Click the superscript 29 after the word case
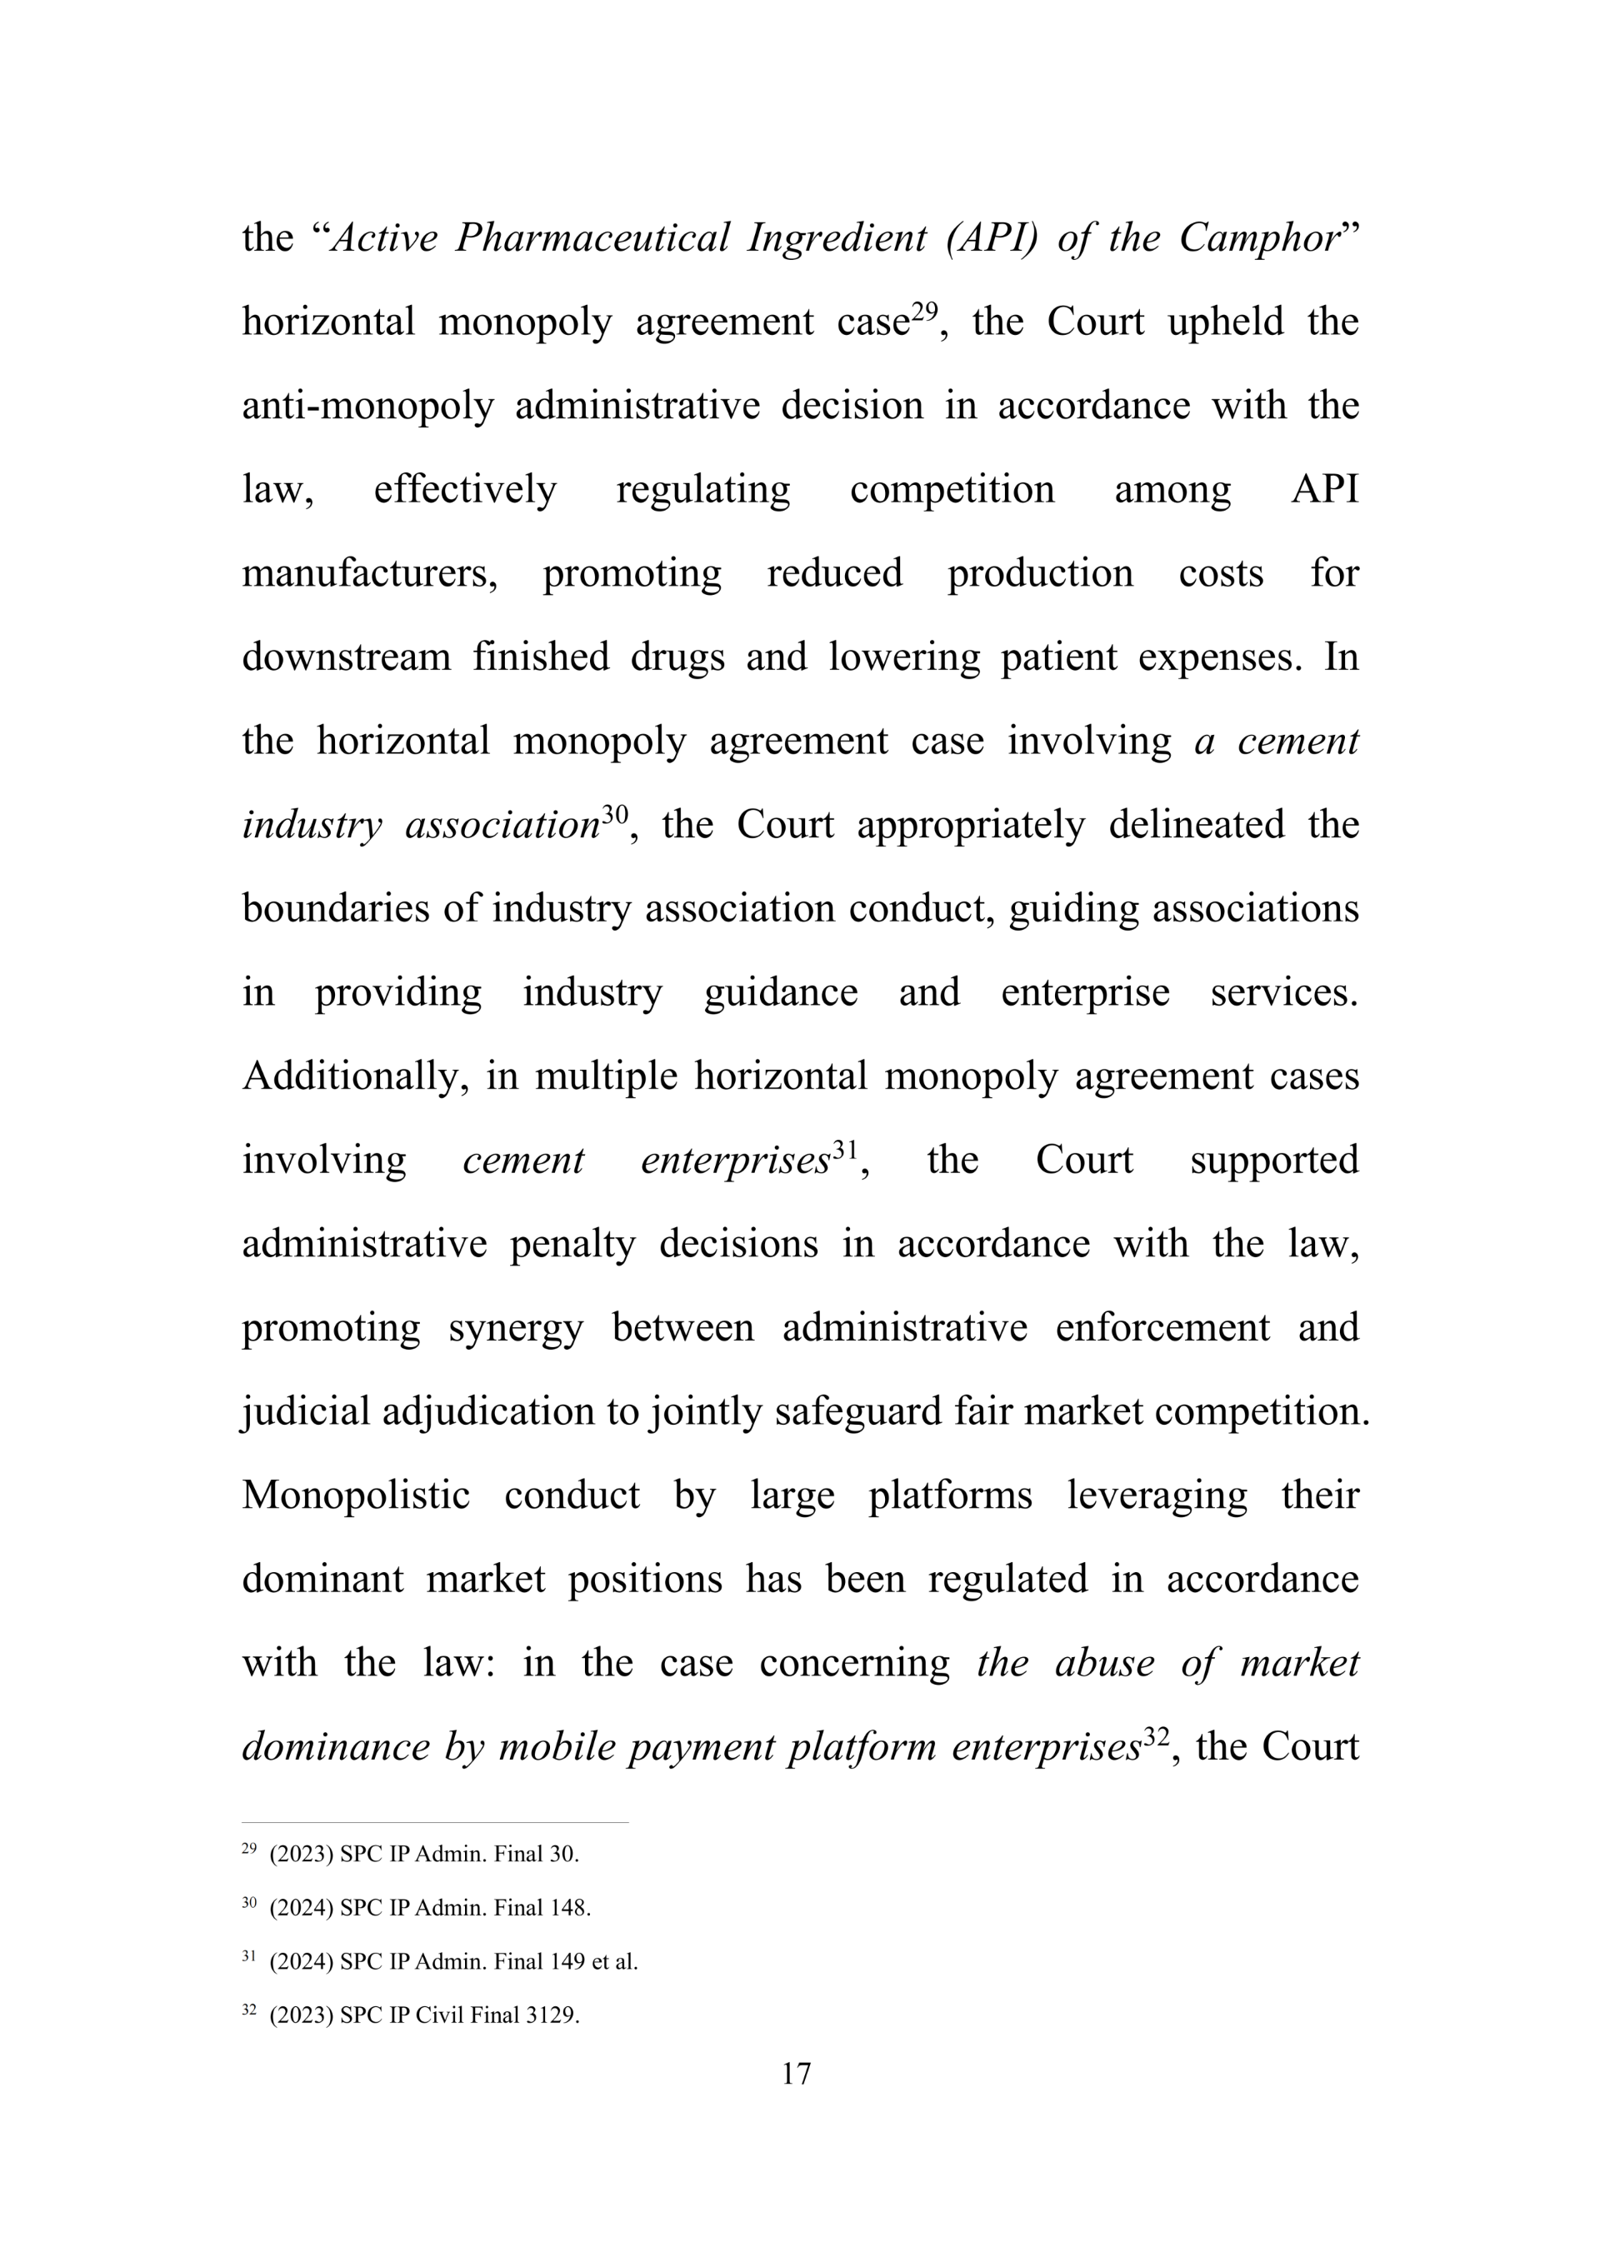click(x=924, y=312)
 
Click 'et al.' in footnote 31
click(x=614, y=1961)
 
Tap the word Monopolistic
click(x=356, y=1496)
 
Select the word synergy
click(x=515, y=1328)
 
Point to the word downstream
click(x=346, y=657)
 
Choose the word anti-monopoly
click(x=367, y=406)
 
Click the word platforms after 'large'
click(x=950, y=1496)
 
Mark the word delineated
click(x=1196, y=825)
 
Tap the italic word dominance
click(x=336, y=1747)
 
